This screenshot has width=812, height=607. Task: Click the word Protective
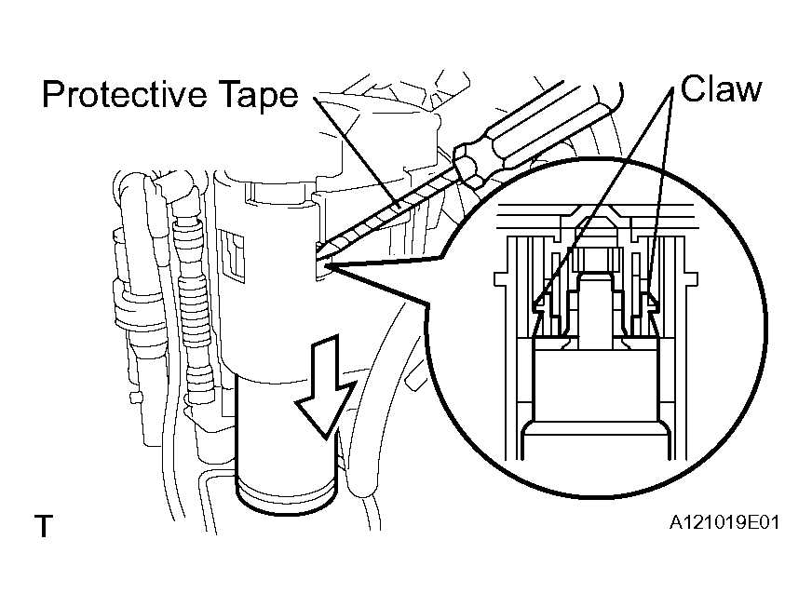pos(125,95)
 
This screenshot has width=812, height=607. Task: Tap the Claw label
pos(721,89)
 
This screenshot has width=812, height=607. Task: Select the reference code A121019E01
pos(724,522)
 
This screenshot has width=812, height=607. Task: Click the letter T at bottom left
pos(44,526)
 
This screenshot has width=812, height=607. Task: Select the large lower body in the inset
pos(596,384)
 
